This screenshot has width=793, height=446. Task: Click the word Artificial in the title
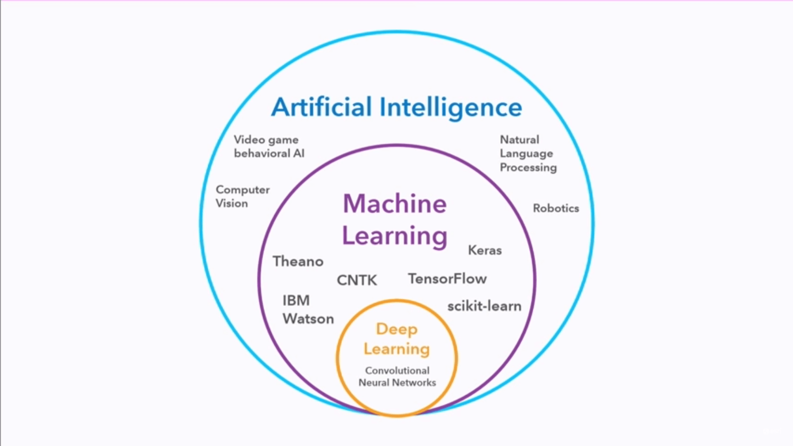(x=321, y=107)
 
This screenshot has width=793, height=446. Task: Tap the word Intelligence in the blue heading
(x=451, y=107)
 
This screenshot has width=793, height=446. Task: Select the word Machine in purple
(x=395, y=204)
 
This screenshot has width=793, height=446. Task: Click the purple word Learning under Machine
(x=395, y=236)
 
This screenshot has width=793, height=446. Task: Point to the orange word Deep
(x=396, y=329)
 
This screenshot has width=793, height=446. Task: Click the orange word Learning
(x=396, y=349)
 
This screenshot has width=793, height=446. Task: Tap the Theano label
(x=298, y=261)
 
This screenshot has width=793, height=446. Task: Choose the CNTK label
(x=357, y=280)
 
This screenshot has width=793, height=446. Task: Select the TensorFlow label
(x=447, y=279)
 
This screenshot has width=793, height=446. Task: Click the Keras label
(x=485, y=250)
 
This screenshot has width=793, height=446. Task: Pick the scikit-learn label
(x=484, y=306)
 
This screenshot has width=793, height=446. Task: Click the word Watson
(x=308, y=319)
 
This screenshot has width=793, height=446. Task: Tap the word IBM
(x=296, y=301)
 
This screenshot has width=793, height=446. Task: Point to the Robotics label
(x=556, y=208)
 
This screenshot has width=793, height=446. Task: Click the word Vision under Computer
(x=232, y=204)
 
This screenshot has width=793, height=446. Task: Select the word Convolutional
(x=397, y=370)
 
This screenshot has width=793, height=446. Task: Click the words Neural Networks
(x=397, y=383)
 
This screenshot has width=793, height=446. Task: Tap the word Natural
(x=520, y=140)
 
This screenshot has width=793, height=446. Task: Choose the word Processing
(x=528, y=167)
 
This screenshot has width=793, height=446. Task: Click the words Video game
(x=266, y=140)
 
